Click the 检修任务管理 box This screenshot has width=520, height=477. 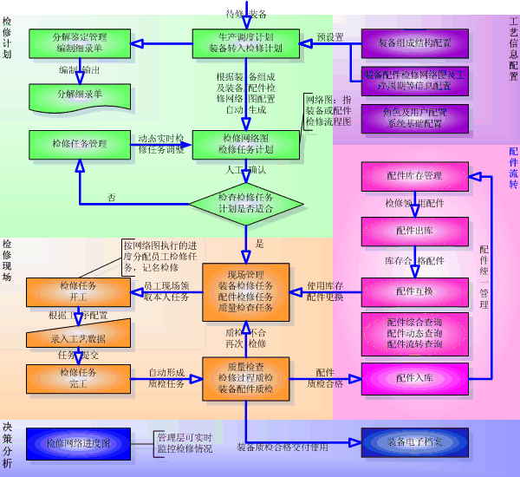80,143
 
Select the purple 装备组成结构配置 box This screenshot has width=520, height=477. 414,42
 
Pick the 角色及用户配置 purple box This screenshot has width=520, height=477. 414,118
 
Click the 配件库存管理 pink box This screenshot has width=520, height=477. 414,176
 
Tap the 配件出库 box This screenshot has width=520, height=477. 414,231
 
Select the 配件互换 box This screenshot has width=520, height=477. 414,291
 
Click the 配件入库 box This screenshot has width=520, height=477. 414,378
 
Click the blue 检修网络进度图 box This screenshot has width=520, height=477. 78,443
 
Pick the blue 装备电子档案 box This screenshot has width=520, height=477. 414,443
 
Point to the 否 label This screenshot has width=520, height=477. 111,198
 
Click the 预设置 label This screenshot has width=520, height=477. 330,37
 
